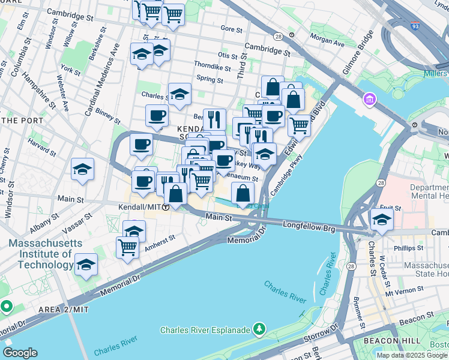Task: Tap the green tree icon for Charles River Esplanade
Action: pos(259,328)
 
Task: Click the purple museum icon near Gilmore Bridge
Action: pos(369,98)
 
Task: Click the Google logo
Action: pos(20,352)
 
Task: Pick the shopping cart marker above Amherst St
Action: pos(127,246)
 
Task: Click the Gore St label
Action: pos(231,28)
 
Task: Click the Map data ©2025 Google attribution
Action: pos(412,355)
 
